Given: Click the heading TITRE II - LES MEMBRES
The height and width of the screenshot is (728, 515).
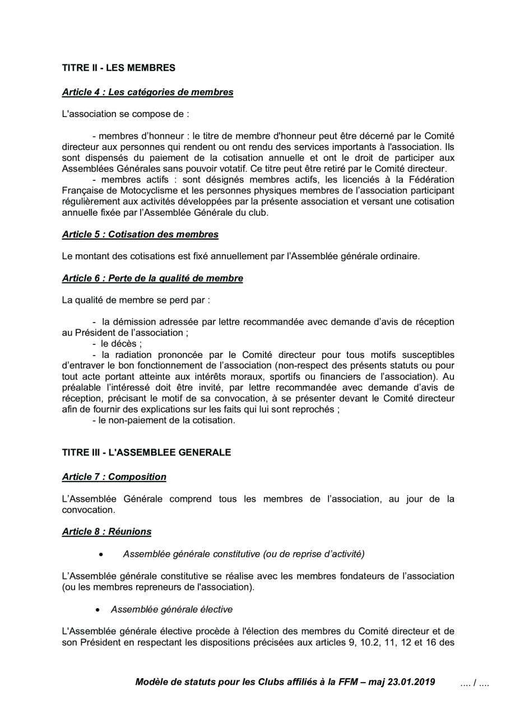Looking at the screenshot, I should (x=119, y=68).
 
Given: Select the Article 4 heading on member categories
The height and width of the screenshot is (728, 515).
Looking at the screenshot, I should (x=147, y=92).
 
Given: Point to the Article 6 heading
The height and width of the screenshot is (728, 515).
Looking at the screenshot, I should (x=152, y=278).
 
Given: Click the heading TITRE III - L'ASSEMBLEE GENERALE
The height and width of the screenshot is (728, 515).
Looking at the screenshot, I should (x=146, y=452).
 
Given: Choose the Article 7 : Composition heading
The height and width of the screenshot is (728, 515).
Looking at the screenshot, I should (x=114, y=477).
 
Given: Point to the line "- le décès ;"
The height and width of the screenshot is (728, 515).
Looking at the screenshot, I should (x=117, y=344).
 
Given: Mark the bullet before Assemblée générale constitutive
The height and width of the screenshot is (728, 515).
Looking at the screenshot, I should (x=100, y=555).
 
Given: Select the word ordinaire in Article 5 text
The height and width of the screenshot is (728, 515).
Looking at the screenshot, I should (x=400, y=256).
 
